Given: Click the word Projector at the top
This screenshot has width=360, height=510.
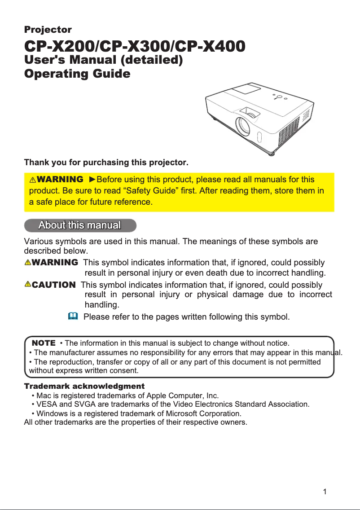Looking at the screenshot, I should tap(48, 30).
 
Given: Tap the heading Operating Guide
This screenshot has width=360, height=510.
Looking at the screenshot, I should tap(77, 74).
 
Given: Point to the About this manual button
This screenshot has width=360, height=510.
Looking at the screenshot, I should tap(80, 225).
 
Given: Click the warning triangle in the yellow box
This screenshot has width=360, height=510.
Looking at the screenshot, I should tap(33, 180).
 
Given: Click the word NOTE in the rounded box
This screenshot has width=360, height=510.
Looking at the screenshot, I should tap(44, 343).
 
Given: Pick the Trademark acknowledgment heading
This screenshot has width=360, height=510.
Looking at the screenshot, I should tap(84, 386).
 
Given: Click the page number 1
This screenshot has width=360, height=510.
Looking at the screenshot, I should tap(325, 492).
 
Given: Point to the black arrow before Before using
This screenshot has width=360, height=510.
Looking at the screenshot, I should tap(92, 180).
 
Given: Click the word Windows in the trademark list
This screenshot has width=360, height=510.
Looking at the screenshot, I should tap(51, 413).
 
